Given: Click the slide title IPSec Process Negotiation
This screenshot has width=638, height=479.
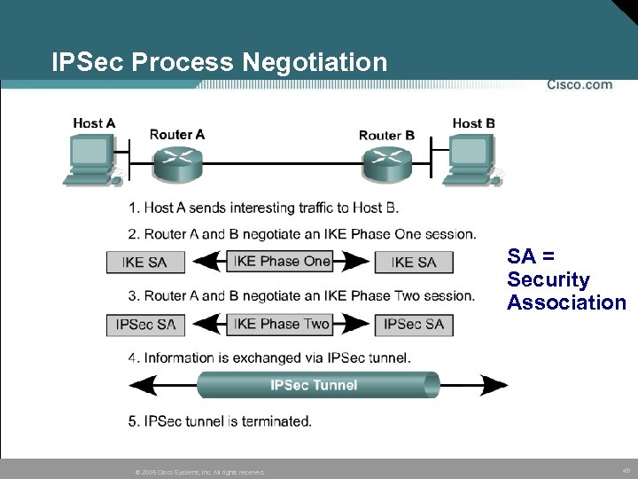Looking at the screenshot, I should coord(219,62).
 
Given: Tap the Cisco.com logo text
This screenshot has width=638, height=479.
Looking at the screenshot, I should coord(579,84).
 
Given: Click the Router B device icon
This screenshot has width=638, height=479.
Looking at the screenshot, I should coord(386,161).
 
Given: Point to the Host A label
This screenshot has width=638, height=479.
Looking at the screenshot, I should coord(94,123).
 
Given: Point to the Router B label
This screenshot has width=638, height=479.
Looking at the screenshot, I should coord(386,135).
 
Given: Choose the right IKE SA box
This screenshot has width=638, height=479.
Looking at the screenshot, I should coord(414,262).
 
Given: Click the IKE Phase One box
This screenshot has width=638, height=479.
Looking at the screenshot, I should coord(281,261).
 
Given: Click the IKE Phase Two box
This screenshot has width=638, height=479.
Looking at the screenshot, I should coord(281,324).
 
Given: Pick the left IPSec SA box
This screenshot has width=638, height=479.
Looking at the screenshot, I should coord(145,325).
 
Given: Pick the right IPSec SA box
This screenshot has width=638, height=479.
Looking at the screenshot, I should coord(414,325).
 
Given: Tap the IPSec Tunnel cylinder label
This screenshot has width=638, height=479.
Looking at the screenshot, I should coord(314,385).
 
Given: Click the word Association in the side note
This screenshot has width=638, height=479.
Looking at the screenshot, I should coord(566,302).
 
